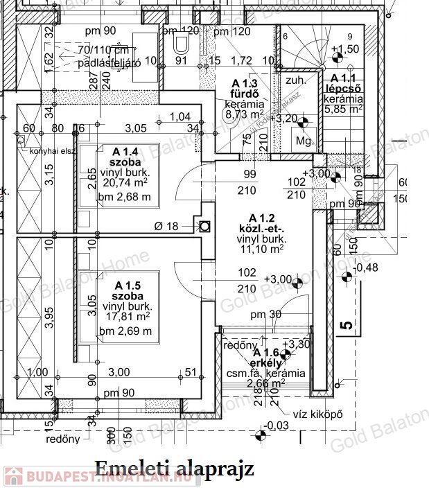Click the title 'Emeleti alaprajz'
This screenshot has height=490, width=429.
point(175,469)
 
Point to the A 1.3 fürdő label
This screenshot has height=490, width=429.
point(244,88)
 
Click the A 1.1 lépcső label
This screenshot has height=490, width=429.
point(344,84)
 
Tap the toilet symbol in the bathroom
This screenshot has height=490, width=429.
point(182,46)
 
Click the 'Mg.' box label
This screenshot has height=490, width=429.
point(303,140)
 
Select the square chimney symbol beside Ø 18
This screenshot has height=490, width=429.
point(204,226)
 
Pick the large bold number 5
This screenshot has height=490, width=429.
point(347,323)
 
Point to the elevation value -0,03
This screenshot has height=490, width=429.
point(277,424)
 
